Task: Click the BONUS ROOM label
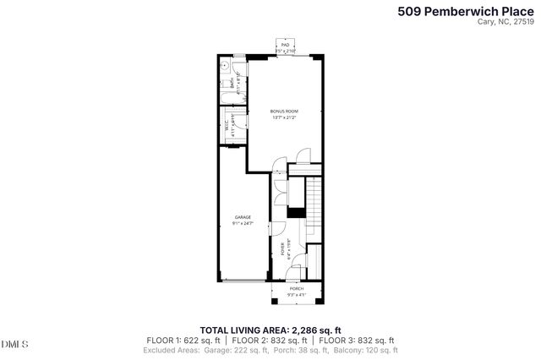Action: point(284,112)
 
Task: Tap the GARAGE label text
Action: point(243,217)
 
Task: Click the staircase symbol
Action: point(313,206)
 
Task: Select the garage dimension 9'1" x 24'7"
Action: point(243,223)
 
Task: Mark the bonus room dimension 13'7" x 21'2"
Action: point(284,117)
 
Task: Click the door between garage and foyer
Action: point(269,229)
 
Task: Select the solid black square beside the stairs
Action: point(295,213)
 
